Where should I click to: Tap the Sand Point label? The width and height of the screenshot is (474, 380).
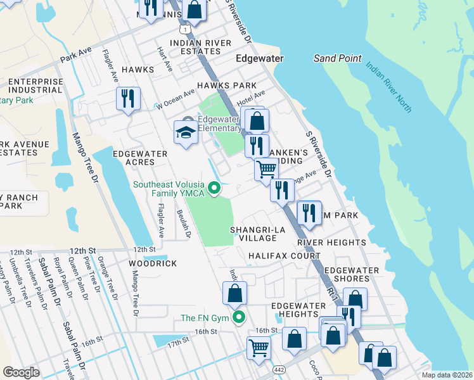coord(338,58)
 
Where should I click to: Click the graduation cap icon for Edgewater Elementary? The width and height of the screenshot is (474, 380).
coord(186,132)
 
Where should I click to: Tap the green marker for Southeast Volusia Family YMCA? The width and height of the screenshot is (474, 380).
coord(214,187)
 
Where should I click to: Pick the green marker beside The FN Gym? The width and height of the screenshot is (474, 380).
coord(238,317)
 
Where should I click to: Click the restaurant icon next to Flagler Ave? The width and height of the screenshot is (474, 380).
coord(128,99)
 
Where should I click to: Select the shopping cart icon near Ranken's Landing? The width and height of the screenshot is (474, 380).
coord(266,169)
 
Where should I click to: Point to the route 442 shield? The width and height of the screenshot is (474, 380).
coord(278,369)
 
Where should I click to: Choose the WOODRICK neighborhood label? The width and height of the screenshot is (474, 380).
coord(153,263)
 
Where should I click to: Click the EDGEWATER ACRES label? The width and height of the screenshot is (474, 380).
coord(140,158)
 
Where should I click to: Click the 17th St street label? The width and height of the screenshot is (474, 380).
coord(179,341)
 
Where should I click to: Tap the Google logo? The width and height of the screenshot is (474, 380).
coord(21,372)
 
